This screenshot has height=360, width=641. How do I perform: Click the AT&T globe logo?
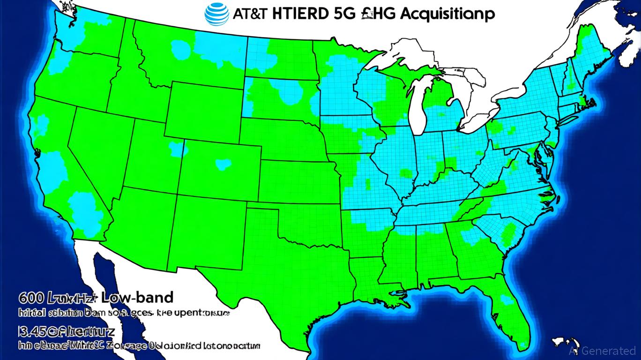click(x=217, y=14)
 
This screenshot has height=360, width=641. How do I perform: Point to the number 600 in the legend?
click(x=31, y=298)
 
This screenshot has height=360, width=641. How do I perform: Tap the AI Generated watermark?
click(x=602, y=351)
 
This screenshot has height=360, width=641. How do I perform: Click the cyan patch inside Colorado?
click(x=223, y=164)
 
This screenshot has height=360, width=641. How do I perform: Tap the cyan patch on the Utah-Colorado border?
click(x=177, y=149)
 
